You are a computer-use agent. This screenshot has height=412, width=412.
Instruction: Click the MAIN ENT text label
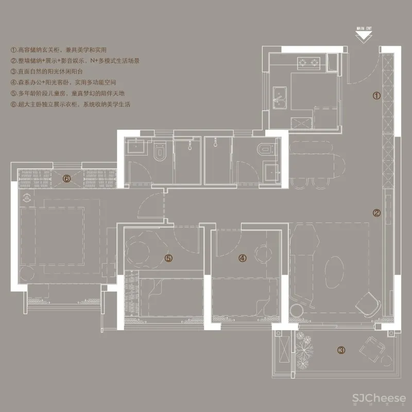(x=364, y=29)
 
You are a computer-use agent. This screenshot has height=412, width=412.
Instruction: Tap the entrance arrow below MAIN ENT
(x=364, y=36)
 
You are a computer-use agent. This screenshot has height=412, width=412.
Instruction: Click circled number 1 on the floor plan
(x=376, y=95)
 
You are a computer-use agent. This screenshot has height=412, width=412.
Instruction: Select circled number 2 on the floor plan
(x=376, y=212)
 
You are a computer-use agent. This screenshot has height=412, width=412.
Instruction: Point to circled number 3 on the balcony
(x=341, y=350)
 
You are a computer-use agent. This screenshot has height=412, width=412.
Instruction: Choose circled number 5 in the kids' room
(x=167, y=258)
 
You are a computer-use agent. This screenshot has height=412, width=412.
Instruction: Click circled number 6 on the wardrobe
(x=66, y=179)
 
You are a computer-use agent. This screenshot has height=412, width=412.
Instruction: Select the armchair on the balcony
(x=372, y=349)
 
